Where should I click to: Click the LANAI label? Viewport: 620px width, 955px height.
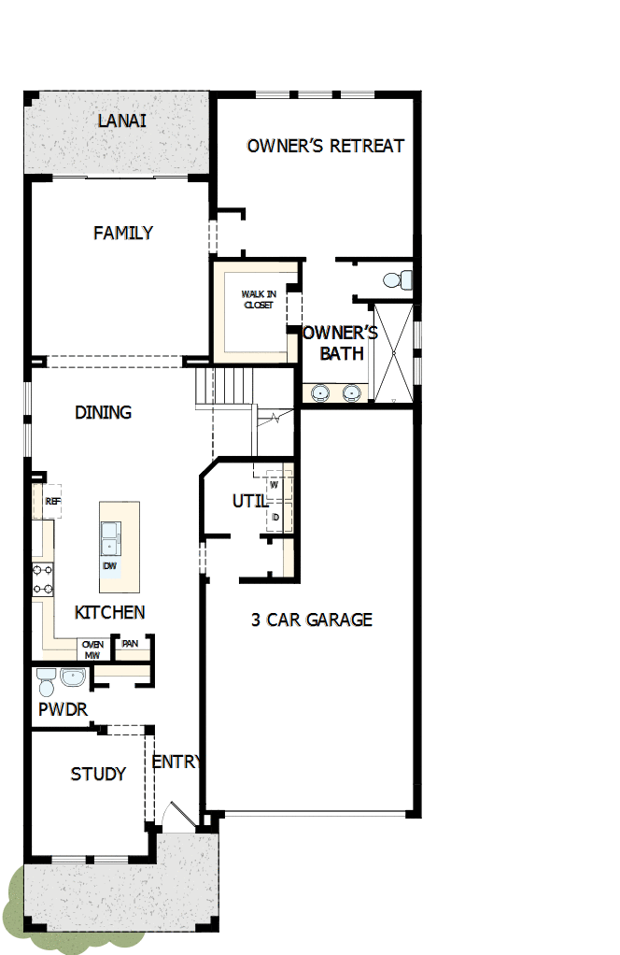coord(122,121)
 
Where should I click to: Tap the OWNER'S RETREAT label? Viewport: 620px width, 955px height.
coord(325,146)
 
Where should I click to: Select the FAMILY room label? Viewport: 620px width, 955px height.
coord(122,233)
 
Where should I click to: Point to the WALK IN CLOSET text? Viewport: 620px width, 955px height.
coord(259,299)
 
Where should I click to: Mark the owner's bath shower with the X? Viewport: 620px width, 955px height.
coord(392,352)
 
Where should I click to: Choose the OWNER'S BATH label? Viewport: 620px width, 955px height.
coord(341,343)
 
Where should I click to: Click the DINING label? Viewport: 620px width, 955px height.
coord(103,412)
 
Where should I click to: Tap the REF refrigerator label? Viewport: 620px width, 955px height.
coord(52,501)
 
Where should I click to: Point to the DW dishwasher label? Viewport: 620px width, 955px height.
coord(110,566)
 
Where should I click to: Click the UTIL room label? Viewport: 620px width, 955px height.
coord(249,501)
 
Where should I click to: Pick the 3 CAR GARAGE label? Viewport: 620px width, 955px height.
coord(311,620)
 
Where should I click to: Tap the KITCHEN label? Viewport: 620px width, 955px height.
coord(109,613)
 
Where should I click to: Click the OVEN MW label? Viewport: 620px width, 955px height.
coord(92,649)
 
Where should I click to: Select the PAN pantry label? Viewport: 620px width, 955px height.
coord(130,644)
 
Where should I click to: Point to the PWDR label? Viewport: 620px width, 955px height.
coord(63,709)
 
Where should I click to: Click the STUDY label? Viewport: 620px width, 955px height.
coord(98,774)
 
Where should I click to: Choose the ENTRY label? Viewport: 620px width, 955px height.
coord(176,762)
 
